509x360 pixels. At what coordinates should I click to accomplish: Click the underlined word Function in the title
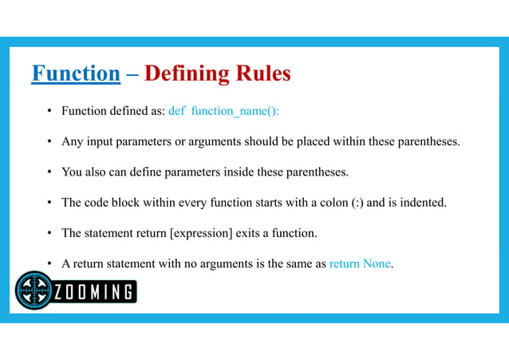[76, 74]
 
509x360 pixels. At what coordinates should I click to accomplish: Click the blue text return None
[360, 264]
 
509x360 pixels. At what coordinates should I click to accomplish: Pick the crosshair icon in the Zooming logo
[34, 291]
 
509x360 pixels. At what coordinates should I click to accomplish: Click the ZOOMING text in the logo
[94, 292]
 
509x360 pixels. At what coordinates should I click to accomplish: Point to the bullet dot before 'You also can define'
[49, 172]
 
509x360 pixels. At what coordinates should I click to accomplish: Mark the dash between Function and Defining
[132, 74]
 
